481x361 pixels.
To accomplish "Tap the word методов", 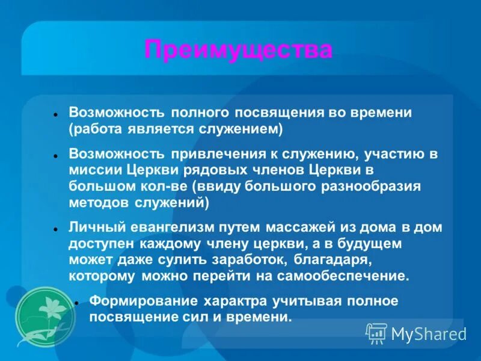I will point(98,203).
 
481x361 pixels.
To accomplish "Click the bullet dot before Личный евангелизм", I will point(55,229).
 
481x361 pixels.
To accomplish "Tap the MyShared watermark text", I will point(429,333).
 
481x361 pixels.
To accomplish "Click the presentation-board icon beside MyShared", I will point(377,333).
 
